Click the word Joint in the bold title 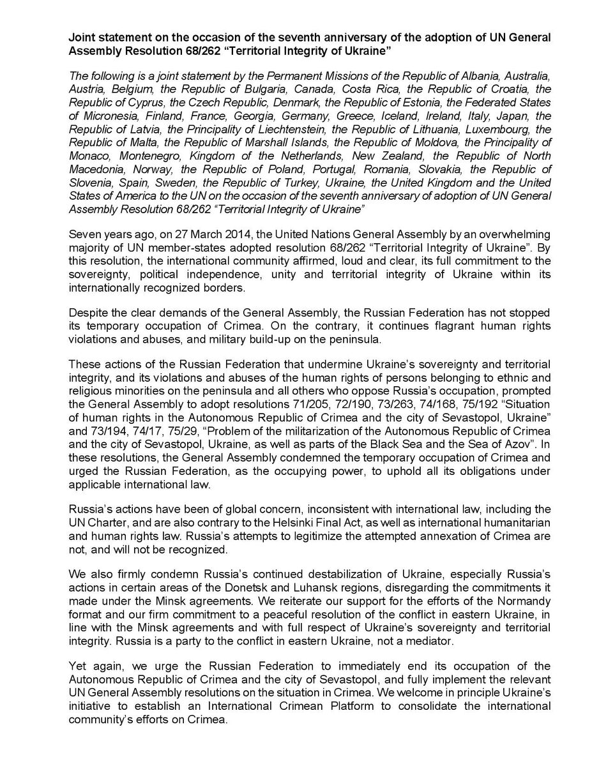pos(81,38)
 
